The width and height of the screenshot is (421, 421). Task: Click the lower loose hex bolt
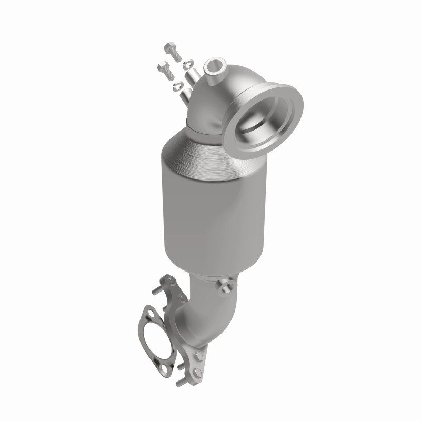pos(164,68)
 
